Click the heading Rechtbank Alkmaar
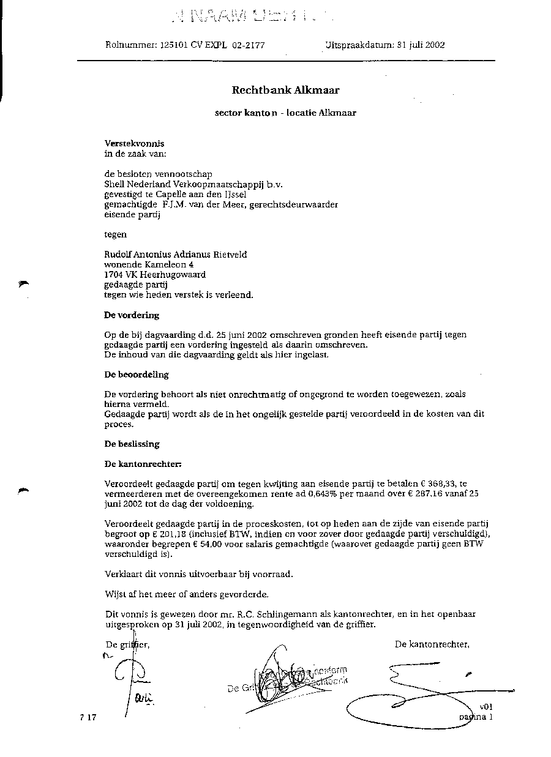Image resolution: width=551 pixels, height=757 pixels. click(285, 90)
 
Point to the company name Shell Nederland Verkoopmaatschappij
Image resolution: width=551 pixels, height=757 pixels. click(184, 184)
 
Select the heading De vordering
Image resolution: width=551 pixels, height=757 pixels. click(132, 315)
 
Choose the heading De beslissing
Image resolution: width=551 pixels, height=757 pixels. click(132, 444)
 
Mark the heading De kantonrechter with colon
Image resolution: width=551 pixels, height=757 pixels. click(143, 464)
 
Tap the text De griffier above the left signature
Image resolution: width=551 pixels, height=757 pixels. click(127, 644)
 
